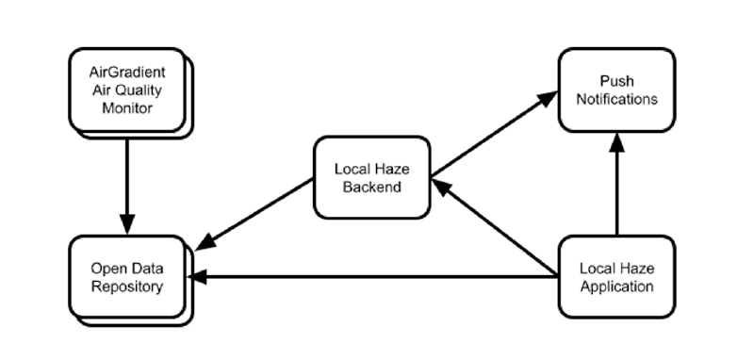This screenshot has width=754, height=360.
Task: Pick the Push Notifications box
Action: pyautogui.click(x=616, y=90)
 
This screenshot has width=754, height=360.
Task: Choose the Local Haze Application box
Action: pyautogui.click(x=616, y=278)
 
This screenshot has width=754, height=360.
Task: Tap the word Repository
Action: pyautogui.click(x=127, y=286)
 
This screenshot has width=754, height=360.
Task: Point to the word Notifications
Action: pyautogui.click(x=616, y=99)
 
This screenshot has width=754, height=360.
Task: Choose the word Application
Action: pyautogui.click(x=616, y=286)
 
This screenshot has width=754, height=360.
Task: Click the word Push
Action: pyautogui.click(x=616, y=82)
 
